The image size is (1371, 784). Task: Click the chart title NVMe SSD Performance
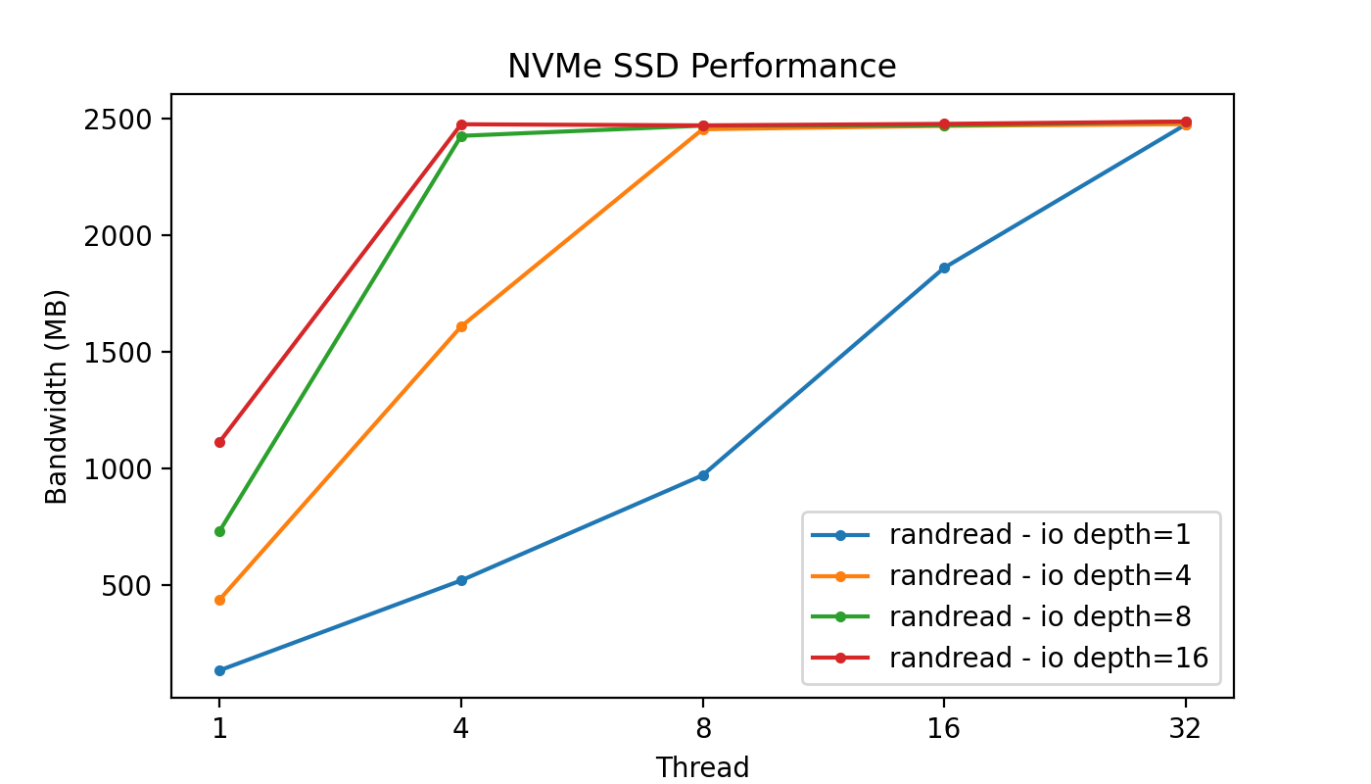click(x=701, y=67)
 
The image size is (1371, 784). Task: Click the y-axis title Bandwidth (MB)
click(x=58, y=397)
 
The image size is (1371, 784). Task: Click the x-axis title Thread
click(x=702, y=767)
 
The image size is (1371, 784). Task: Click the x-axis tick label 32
click(x=1186, y=730)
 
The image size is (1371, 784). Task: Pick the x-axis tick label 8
click(x=703, y=730)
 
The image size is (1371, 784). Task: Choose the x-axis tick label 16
click(x=944, y=730)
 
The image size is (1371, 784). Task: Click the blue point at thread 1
click(x=219, y=670)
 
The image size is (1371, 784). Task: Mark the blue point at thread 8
click(x=703, y=475)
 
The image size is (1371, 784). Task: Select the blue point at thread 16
click(x=944, y=268)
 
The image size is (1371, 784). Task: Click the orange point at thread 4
click(x=461, y=326)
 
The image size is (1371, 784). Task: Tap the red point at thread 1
click(x=219, y=442)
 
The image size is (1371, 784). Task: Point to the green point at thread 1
click(x=219, y=531)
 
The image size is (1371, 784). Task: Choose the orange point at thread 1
click(x=219, y=600)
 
